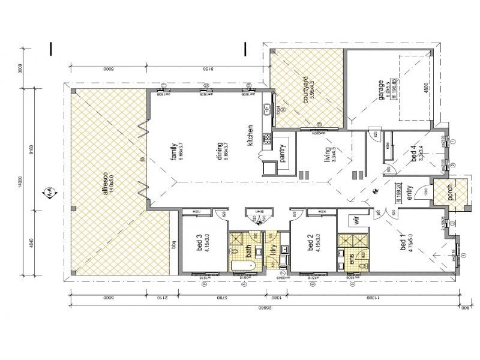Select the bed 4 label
[413, 155]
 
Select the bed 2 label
[310, 245]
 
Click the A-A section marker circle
[46, 194]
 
